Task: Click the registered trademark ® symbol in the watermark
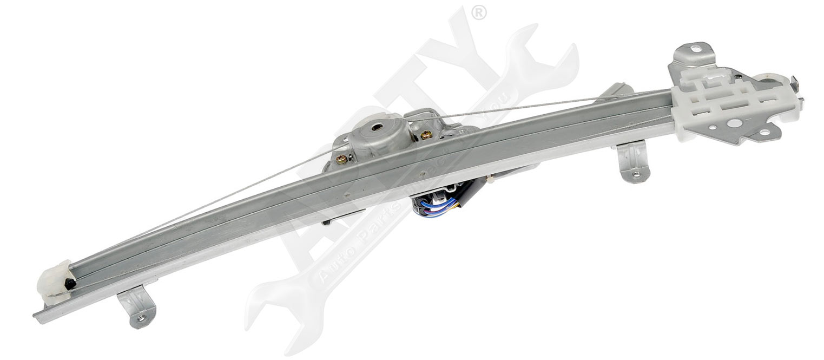click(x=479, y=12)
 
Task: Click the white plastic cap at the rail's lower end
click(x=54, y=282)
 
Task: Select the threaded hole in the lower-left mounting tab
click(x=141, y=319)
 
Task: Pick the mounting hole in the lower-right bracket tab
click(x=635, y=174)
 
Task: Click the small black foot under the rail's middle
click(x=327, y=221)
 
